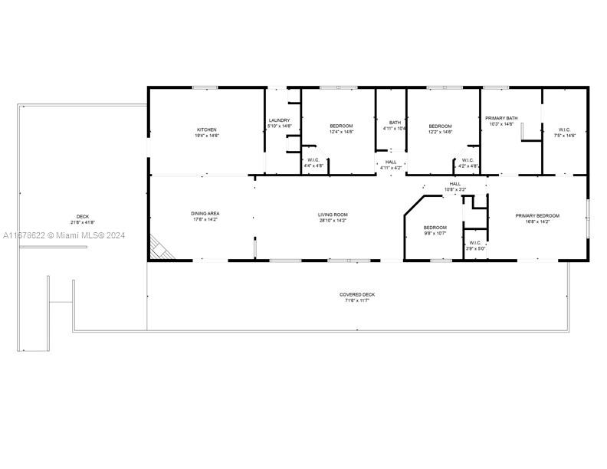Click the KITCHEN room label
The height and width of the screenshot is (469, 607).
pyautogui.click(x=206, y=130)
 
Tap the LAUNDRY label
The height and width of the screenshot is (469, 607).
pyautogui.click(x=279, y=120)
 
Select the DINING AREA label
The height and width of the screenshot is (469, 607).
pyautogui.click(x=205, y=214)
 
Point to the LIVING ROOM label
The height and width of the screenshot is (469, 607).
pyautogui.click(x=333, y=215)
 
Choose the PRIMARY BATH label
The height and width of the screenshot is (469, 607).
pyautogui.click(x=501, y=118)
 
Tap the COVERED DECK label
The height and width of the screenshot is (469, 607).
pyautogui.click(x=357, y=294)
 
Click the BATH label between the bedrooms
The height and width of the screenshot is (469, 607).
pyautogui.click(x=395, y=123)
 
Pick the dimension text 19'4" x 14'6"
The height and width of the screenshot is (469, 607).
pyautogui.click(x=206, y=136)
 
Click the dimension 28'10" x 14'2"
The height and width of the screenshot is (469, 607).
pyautogui.click(x=333, y=221)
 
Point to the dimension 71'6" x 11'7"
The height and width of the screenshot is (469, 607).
pyautogui.click(x=357, y=300)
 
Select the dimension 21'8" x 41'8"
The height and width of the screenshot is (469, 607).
pyautogui.click(x=82, y=222)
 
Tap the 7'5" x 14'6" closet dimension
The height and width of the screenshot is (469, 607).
pyautogui.click(x=564, y=136)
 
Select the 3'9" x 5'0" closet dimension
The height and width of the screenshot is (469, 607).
pyautogui.click(x=475, y=249)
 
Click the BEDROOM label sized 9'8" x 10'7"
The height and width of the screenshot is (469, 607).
pyautogui.click(x=435, y=227)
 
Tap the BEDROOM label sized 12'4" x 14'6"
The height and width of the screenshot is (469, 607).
pyautogui.click(x=341, y=126)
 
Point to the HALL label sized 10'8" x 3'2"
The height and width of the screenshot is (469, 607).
pyautogui.click(x=455, y=184)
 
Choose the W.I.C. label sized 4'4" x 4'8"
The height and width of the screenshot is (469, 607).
pyautogui.click(x=313, y=159)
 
